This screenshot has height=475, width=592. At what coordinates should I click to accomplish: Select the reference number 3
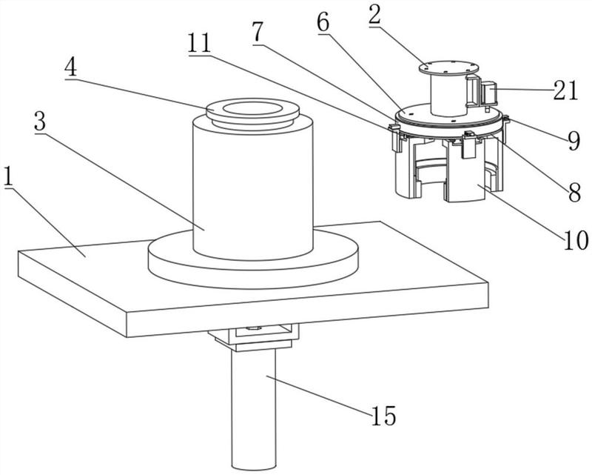point(41,124)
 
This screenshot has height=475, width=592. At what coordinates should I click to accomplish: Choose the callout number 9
point(573,140)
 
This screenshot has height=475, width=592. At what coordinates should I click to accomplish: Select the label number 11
point(198,44)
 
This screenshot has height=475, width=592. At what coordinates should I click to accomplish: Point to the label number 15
point(385,415)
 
